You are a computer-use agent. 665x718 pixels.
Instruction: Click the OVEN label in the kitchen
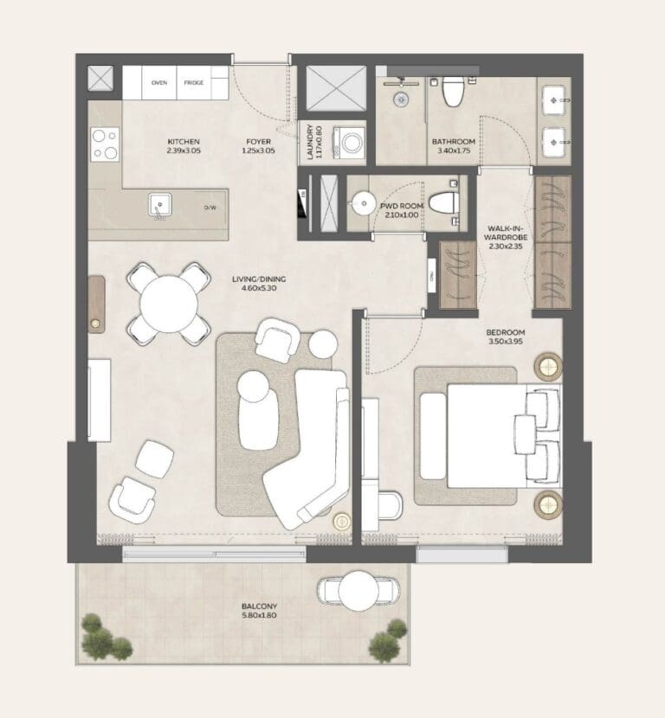159,83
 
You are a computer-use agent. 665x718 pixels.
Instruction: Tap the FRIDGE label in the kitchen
193,83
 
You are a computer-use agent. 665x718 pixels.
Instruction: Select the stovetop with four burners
106,144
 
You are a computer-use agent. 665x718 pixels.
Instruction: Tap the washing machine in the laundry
351,142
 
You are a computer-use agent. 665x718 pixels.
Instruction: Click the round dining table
169,303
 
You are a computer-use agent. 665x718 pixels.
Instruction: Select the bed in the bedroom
489,436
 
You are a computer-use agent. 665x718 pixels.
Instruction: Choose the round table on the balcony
355,591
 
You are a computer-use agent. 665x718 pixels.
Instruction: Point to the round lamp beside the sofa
342,521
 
